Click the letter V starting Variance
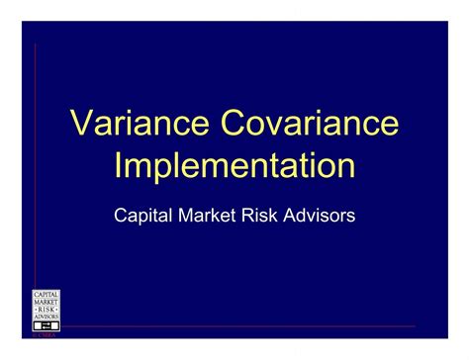pos(82,124)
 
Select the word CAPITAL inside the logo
pos(47,294)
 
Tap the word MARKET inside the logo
pos(47,301)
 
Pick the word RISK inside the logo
pos(47,309)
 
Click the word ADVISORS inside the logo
pos(47,315)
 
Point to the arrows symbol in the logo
pos(47,324)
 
